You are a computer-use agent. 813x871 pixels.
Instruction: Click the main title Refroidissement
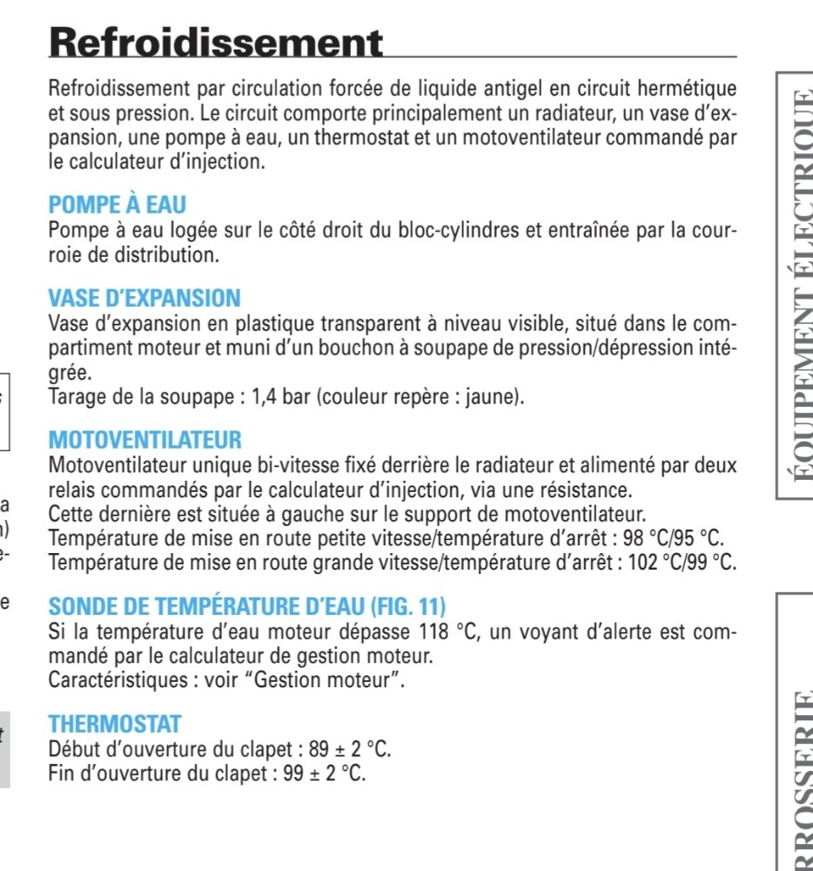pyautogui.click(x=216, y=42)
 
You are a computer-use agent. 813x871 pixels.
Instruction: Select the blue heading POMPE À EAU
pyautogui.click(x=118, y=206)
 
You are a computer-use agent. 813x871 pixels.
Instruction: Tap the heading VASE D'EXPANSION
pyautogui.click(x=144, y=299)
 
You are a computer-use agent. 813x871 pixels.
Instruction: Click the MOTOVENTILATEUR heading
pyautogui.click(x=145, y=440)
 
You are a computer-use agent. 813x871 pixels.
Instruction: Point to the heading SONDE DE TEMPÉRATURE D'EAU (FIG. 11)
pyautogui.click(x=247, y=605)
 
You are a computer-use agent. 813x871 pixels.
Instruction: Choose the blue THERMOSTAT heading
pyautogui.click(x=115, y=724)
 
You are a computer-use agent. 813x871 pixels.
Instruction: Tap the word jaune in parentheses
pyautogui.click(x=495, y=398)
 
